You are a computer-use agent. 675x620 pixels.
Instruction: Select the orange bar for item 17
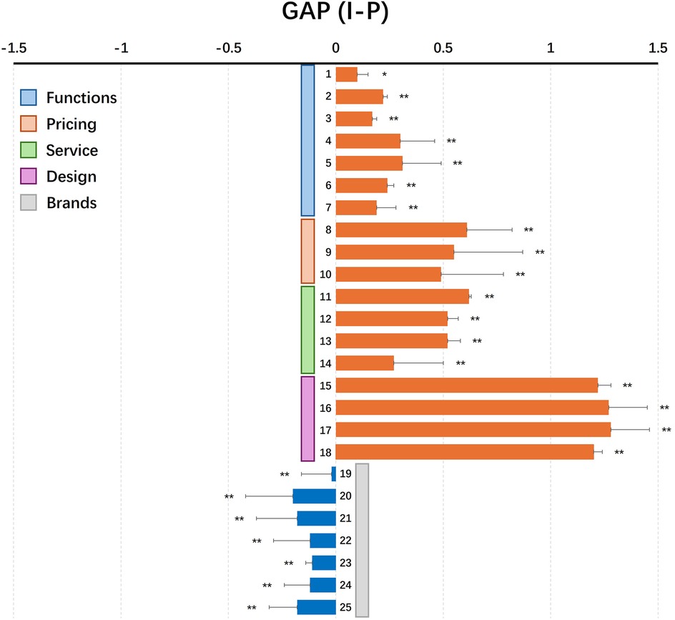[x=473, y=429]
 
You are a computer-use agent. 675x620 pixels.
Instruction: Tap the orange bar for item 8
[x=401, y=230]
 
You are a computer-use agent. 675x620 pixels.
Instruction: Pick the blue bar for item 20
[x=314, y=496]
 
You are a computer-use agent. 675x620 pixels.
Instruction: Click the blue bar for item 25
[x=316, y=607]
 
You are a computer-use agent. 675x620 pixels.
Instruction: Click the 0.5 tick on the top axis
[x=443, y=48]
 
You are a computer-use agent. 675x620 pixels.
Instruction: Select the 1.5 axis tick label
[x=658, y=48]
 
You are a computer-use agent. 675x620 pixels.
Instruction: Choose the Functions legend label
[x=81, y=97]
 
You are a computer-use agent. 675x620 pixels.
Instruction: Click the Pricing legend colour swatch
[x=29, y=124]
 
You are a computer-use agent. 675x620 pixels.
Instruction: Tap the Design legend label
[x=71, y=176]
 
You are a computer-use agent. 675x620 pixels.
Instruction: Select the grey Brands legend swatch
[x=29, y=202]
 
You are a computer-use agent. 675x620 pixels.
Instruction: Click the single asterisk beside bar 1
[x=384, y=74]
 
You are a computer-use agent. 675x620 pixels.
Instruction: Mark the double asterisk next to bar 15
[x=627, y=385]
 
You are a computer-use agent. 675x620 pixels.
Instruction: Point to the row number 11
[x=326, y=296]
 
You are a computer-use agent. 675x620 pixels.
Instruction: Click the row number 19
[x=345, y=473]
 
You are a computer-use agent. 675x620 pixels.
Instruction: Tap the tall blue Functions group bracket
[x=307, y=140]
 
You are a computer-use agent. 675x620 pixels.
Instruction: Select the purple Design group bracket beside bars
[x=307, y=418]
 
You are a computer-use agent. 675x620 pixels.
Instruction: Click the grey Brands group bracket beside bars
[x=362, y=540]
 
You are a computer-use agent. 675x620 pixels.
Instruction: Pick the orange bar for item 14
[x=365, y=363]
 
